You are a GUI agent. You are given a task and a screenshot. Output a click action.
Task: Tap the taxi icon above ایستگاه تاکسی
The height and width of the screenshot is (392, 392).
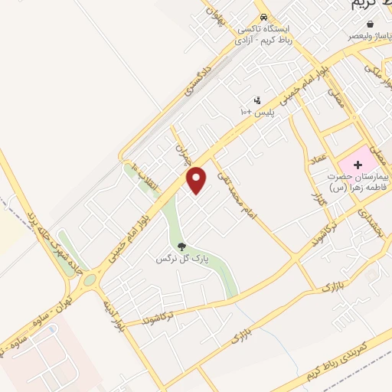(x=263, y=17)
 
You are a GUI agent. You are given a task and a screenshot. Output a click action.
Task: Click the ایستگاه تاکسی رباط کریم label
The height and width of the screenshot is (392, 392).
(x=264, y=33)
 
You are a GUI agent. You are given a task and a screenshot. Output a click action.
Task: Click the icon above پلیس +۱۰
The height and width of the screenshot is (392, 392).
(x=256, y=100)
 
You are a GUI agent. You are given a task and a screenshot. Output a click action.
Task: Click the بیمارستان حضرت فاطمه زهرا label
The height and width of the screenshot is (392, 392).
(x=356, y=181)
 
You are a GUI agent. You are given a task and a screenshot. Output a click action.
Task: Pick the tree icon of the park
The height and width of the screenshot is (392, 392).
(x=181, y=247)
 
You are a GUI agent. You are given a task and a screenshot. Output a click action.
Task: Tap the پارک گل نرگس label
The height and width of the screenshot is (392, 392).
(x=175, y=259)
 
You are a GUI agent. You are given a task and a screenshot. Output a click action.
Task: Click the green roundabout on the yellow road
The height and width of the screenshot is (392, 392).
(x=90, y=281)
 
